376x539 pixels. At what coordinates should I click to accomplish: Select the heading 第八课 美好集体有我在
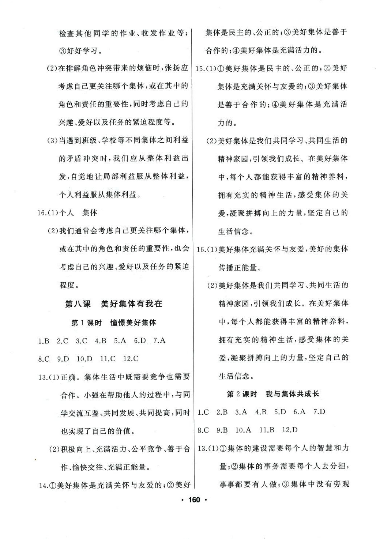point(113,304)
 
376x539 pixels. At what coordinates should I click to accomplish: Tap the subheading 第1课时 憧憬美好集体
point(113,323)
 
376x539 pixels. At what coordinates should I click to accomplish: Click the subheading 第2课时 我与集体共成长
point(273,394)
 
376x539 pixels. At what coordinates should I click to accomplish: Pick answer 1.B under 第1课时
point(44,341)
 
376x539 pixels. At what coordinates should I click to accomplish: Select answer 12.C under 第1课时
point(131,359)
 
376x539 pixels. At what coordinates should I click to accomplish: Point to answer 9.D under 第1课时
point(63,359)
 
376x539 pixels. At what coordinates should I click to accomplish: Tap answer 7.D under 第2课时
point(319,412)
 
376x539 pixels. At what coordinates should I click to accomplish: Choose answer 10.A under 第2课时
point(243,430)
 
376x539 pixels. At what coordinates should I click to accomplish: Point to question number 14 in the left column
point(44,486)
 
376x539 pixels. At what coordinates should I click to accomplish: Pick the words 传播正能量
point(240,268)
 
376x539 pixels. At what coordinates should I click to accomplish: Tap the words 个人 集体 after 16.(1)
point(78,213)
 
